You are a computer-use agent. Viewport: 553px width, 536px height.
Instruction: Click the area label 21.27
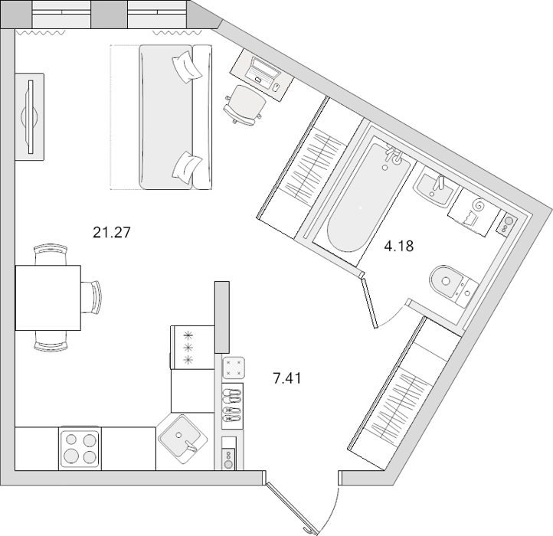click(x=112, y=232)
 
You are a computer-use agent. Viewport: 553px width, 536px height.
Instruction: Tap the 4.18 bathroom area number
click(x=398, y=246)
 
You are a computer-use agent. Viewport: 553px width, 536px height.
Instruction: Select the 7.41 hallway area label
click(x=287, y=378)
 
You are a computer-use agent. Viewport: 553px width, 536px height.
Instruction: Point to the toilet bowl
click(x=453, y=286)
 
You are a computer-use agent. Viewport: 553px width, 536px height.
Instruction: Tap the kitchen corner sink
click(x=183, y=440)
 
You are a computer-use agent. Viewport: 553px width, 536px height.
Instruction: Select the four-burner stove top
click(x=80, y=449)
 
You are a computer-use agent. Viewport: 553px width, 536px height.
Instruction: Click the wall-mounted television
click(x=30, y=116)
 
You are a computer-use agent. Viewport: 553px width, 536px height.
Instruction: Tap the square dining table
click(x=48, y=298)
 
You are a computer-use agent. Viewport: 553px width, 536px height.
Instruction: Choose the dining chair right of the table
click(x=93, y=297)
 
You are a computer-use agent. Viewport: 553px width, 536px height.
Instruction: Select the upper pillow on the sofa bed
click(x=188, y=67)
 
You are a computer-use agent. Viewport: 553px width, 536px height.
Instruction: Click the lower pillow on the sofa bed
click(x=187, y=168)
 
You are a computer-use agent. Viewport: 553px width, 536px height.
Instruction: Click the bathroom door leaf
click(x=369, y=302)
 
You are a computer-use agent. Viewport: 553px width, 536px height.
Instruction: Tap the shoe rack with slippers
click(x=232, y=406)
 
